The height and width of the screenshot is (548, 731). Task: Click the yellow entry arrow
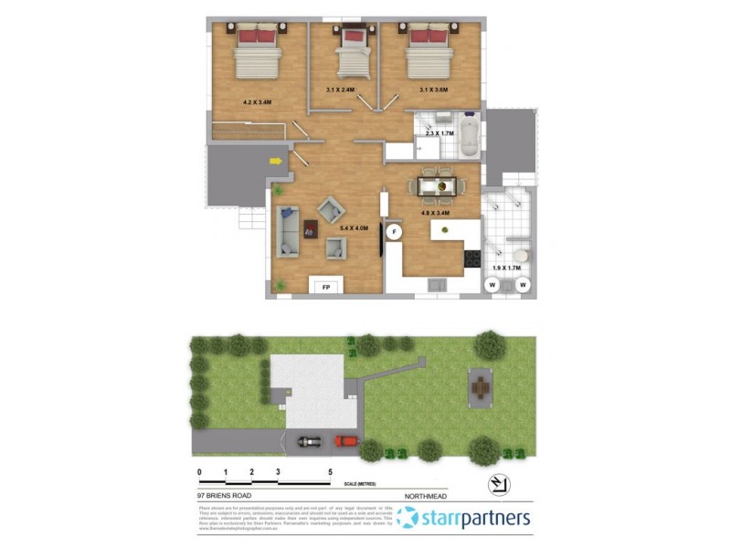275,162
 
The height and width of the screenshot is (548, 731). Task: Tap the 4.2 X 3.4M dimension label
260,102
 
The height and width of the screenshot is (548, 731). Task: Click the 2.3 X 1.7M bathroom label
440,135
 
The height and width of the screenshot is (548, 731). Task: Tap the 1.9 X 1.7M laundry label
506,267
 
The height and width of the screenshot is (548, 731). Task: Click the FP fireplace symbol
326,287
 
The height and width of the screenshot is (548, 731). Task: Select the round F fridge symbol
395,232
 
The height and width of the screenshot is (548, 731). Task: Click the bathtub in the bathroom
469,135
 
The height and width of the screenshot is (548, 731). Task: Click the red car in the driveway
346,441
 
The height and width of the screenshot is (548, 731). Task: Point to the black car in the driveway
308,442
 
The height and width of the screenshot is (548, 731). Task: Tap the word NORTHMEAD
428,496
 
